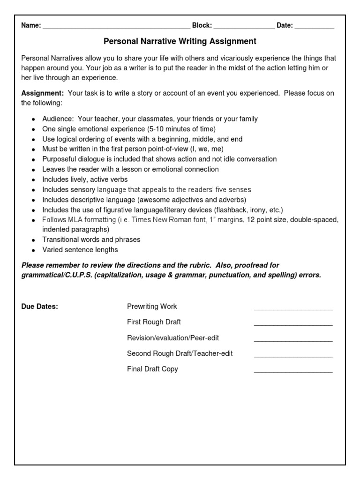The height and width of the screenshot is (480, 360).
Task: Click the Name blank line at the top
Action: (x=116, y=27)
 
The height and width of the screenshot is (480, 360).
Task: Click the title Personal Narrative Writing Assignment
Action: (x=180, y=42)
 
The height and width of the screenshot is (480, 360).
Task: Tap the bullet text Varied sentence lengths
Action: (x=80, y=250)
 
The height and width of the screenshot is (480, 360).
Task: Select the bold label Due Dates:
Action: (x=40, y=307)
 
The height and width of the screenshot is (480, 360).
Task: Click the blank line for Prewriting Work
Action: (x=293, y=309)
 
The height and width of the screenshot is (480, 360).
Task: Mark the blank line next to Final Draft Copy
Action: (x=293, y=371)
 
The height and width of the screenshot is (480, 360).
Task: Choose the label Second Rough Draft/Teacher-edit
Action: (x=180, y=353)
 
